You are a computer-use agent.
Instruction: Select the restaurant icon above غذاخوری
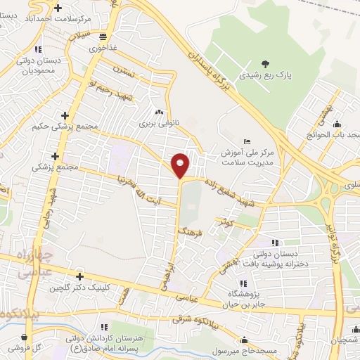[x=103, y=37]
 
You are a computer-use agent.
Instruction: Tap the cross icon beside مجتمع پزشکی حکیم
[x=65, y=115]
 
